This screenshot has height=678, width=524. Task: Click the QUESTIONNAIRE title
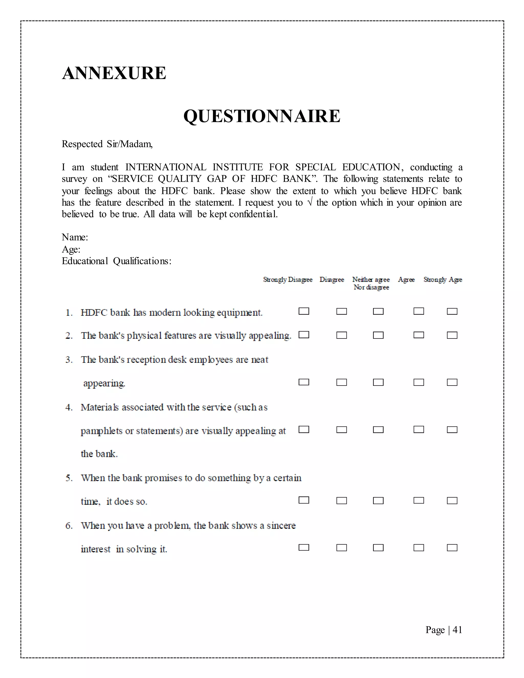[262, 116]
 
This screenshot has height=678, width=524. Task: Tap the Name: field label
[75, 237]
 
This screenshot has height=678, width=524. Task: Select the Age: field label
[71, 249]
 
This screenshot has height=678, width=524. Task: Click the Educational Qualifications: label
[116, 261]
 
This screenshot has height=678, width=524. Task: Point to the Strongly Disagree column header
[287, 279]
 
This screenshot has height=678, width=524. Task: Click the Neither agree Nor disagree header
[371, 283]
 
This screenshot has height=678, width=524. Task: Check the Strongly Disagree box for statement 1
[304, 311]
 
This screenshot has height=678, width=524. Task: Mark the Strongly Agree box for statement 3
[452, 382]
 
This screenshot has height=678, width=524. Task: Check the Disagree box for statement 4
[342, 430]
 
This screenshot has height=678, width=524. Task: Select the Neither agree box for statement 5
[378, 500]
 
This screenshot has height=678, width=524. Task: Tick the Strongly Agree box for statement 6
[452, 548]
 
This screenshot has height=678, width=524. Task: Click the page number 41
[457, 630]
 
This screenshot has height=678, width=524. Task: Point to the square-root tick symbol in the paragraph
[309, 202]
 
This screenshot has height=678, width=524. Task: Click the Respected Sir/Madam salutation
[107, 144]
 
